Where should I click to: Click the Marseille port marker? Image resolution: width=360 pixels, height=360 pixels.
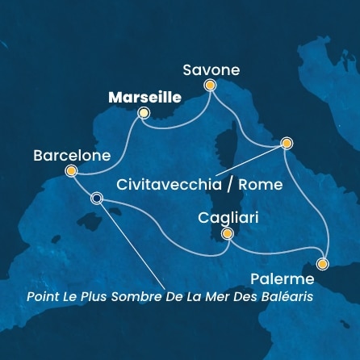tap(144, 113)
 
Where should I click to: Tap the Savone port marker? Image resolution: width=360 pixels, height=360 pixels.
tap(211, 85)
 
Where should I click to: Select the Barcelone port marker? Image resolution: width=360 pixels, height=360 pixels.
tap(71, 170)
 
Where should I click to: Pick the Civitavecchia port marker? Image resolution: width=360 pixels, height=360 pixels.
tap(286, 144)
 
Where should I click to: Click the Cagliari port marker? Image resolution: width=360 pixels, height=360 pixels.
tap(228, 234)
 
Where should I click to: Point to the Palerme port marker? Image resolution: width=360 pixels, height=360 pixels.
tap(323, 263)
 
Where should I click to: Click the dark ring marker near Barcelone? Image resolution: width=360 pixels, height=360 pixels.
tap(97, 199)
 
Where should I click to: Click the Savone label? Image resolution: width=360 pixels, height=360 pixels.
tap(211, 70)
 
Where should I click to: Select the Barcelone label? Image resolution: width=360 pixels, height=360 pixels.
tap(68, 153)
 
